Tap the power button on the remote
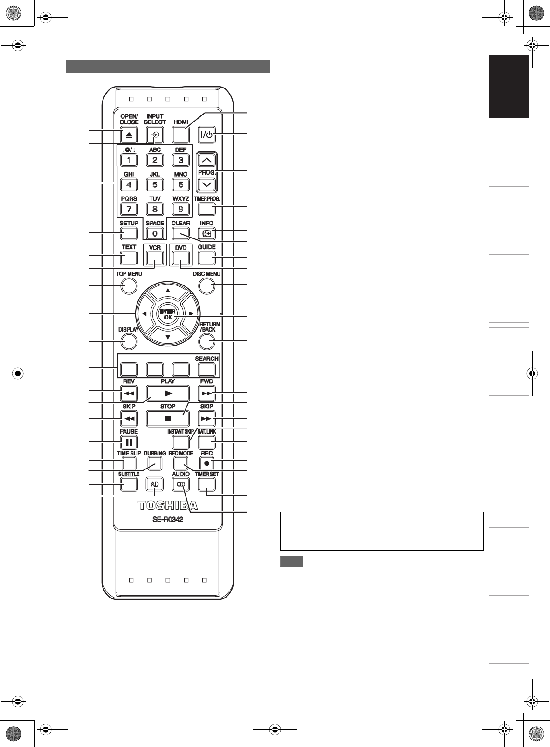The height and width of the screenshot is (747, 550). coord(206,135)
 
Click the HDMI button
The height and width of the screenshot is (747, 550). coord(181,135)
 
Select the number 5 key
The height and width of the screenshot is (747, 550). coord(155,184)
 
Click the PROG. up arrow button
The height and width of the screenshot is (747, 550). coord(206,160)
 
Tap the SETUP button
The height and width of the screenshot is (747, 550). coord(129,233)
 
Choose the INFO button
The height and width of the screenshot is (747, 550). coord(206,233)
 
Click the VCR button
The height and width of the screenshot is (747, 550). coord(155,258)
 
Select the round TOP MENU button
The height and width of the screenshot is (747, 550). coord(129,285)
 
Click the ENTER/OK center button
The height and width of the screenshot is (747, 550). coord(168,314)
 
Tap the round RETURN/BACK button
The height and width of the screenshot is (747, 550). coord(206,341)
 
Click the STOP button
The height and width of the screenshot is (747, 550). coord(168,419)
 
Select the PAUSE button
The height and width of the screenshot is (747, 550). coord(129,442)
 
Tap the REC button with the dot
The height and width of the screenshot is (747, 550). coord(206,463)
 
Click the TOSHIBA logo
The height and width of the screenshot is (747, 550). coord(168,506)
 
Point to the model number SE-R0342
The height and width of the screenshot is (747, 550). coord(168,519)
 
